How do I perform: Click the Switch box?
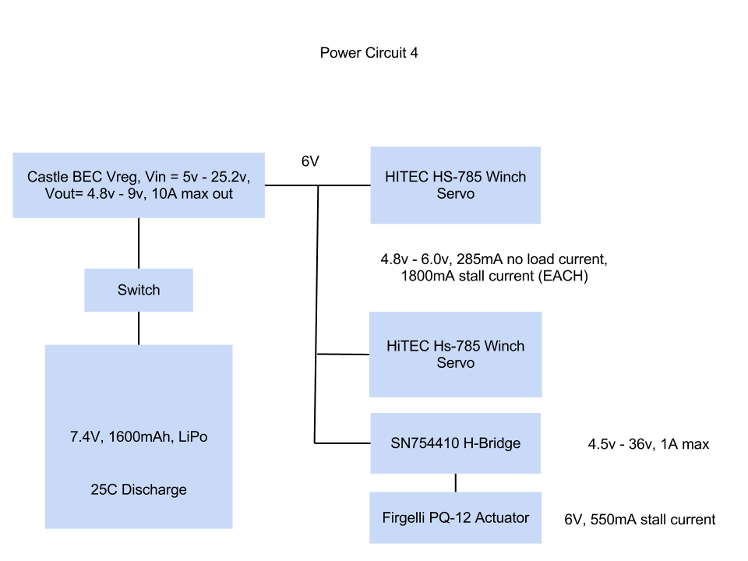pos(139,290)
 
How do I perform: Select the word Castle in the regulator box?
pos(48,176)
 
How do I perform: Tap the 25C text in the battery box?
pos(104,490)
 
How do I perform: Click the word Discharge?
pos(153,490)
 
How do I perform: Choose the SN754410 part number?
pos(425,443)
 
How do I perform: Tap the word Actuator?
pos(503,517)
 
